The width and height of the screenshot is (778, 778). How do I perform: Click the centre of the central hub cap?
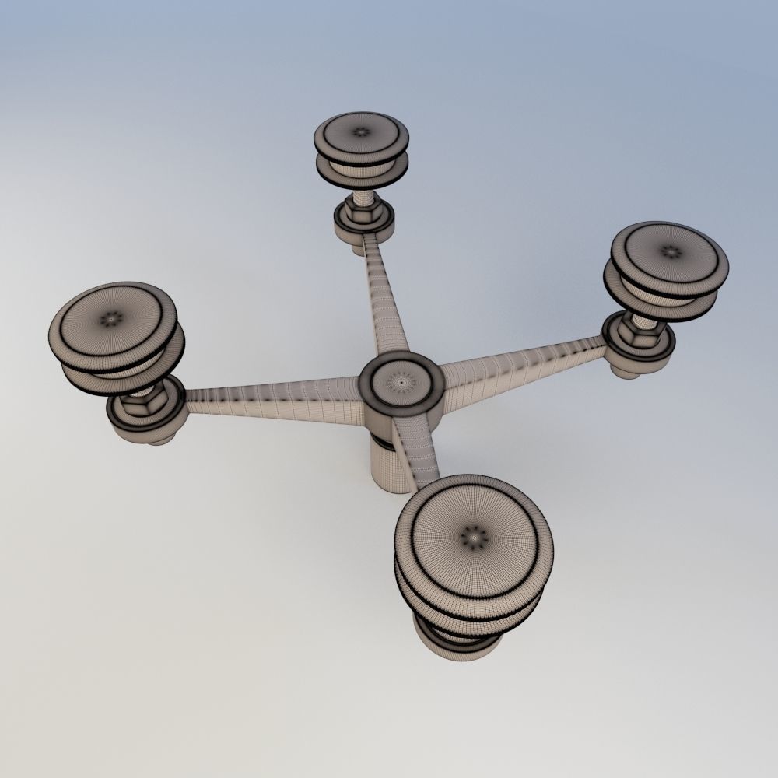click(x=401, y=383)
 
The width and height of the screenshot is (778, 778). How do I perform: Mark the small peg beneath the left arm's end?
click(x=160, y=439)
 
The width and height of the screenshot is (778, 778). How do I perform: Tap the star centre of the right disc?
click(x=668, y=252)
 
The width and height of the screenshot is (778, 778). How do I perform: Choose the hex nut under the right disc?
click(x=643, y=331)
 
